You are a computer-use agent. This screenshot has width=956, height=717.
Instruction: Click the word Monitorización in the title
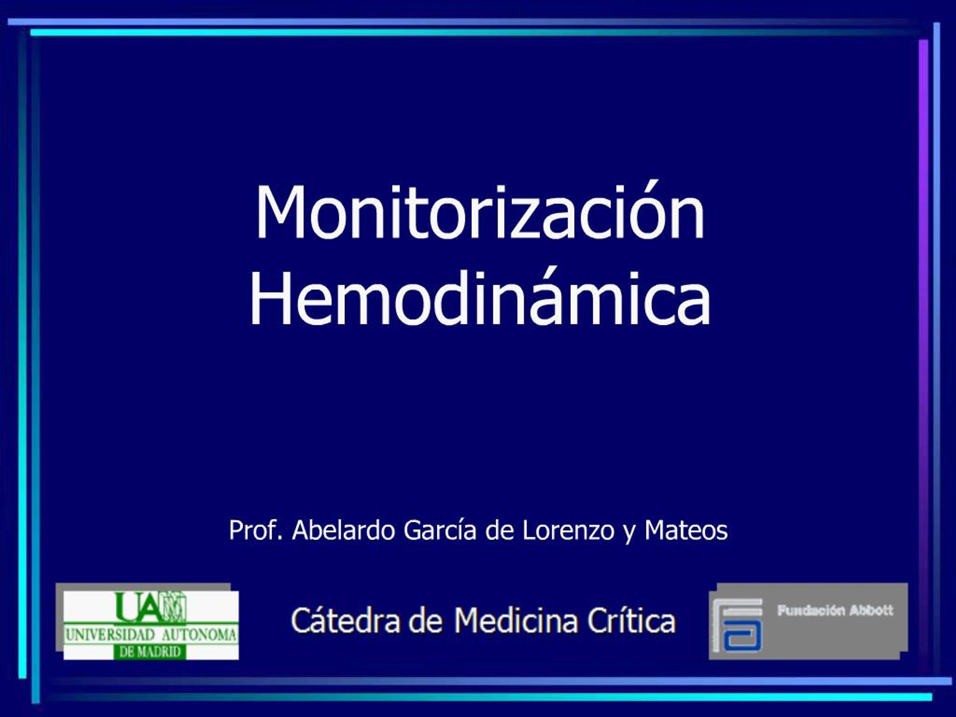point(480,212)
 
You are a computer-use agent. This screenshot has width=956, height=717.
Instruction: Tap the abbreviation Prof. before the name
point(255,530)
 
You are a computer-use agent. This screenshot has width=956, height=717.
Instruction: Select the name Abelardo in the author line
point(344,530)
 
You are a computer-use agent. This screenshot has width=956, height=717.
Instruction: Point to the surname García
point(440,530)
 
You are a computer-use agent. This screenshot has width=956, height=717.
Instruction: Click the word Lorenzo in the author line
point(568,530)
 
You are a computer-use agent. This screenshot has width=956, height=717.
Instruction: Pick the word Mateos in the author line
point(686,530)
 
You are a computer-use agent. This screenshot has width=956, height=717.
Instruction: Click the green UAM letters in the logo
point(151,607)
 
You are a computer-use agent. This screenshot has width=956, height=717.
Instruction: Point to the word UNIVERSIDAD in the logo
point(110,635)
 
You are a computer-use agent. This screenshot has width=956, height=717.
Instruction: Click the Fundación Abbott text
point(835,611)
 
